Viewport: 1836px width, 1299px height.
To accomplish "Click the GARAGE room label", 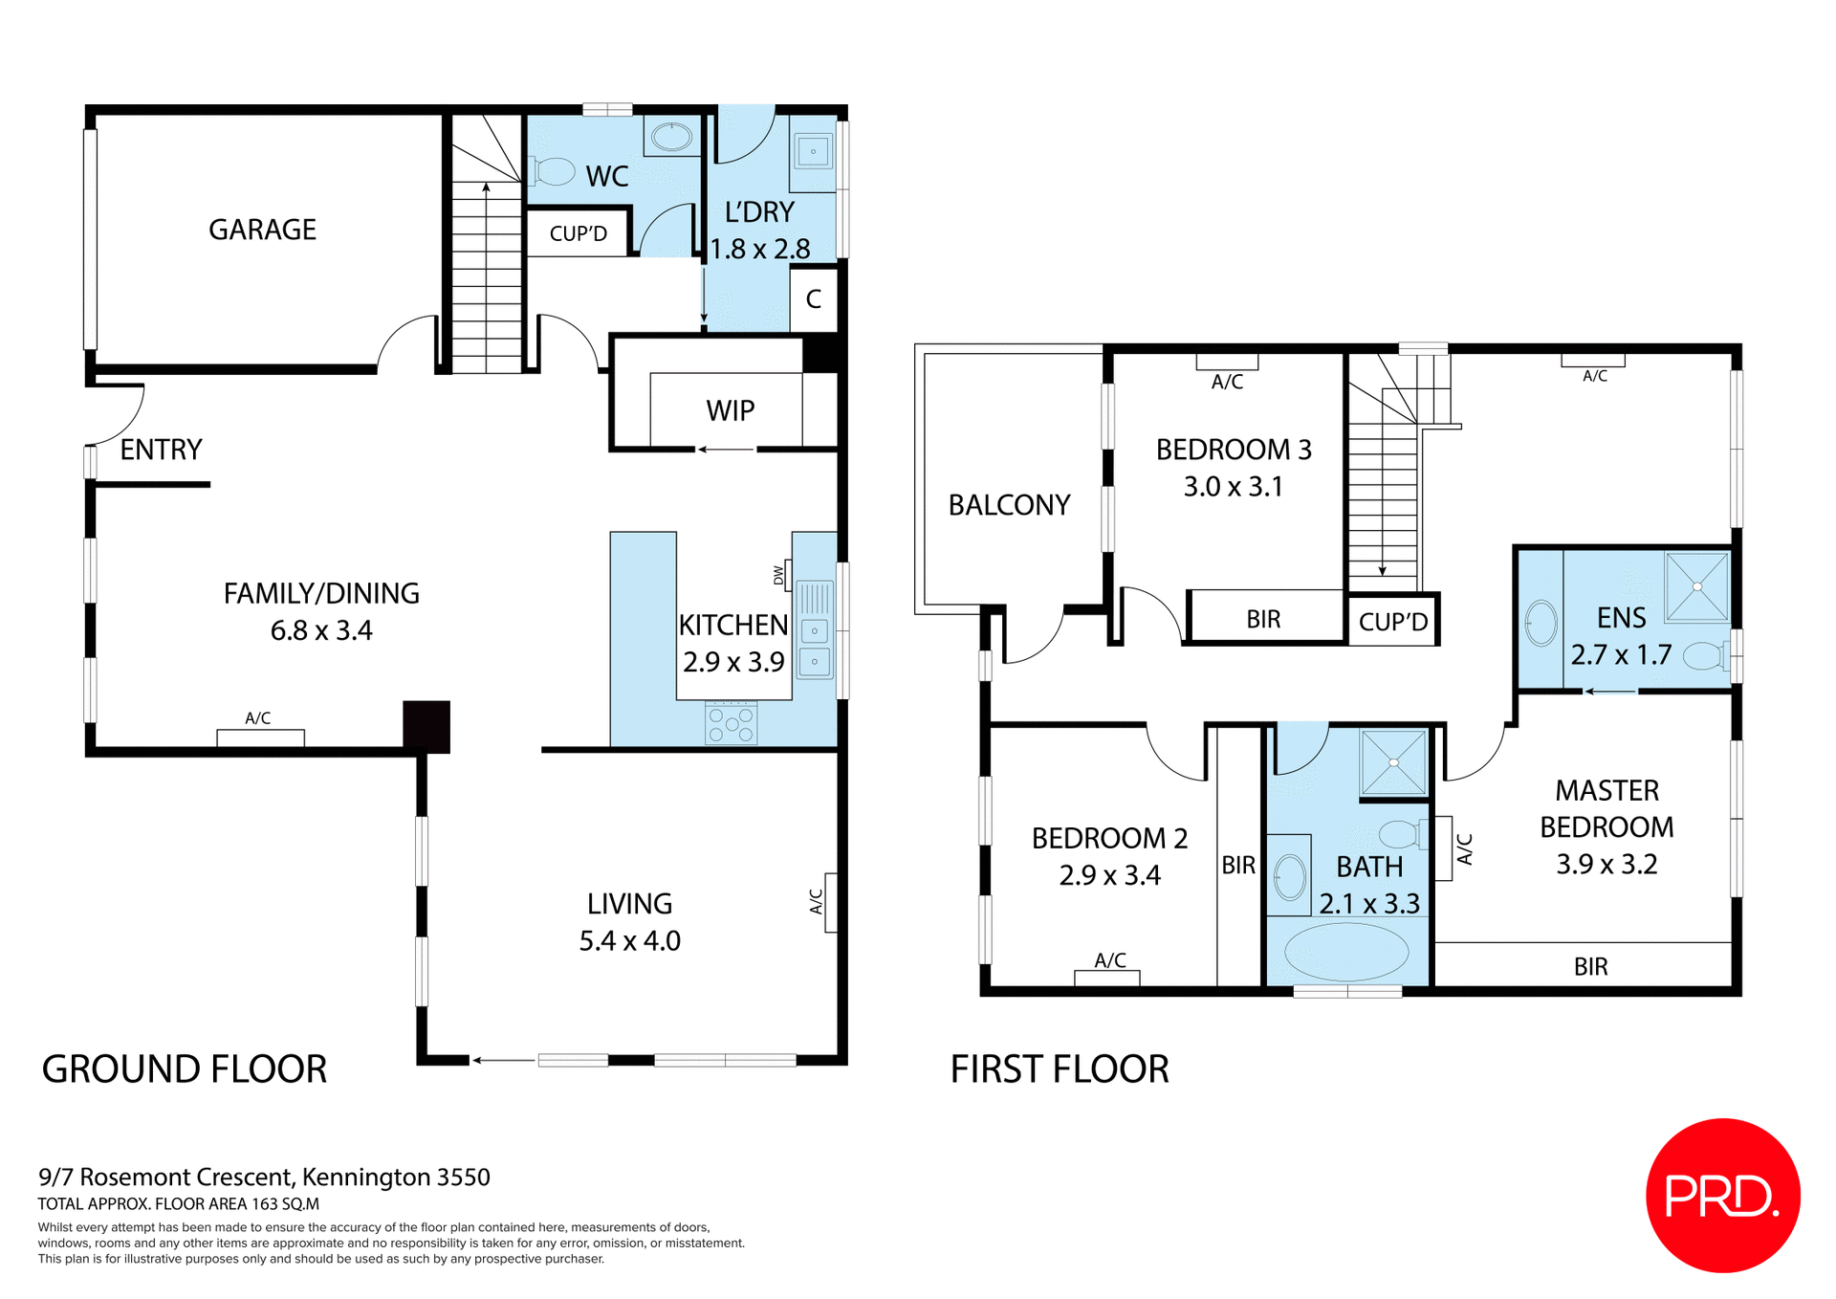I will tap(262, 230).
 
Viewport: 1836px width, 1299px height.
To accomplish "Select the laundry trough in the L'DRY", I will tap(813, 151).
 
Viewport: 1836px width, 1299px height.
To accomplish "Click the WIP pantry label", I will tap(731, 410).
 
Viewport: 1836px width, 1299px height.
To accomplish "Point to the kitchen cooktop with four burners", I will tap(731, 723).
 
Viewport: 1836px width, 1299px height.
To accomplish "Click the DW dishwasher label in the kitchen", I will tap(778, 576).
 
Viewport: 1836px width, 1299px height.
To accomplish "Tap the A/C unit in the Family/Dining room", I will tap(260, 738).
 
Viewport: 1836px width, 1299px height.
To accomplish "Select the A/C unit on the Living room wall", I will tap(831, 902).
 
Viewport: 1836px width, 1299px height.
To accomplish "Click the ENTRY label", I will tap(161, 450).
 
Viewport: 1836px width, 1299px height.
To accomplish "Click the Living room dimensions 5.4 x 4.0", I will tap(629, 941).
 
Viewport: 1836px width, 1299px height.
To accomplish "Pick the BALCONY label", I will tap(1009, 505).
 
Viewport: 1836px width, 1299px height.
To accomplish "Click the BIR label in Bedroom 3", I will tap(1263, 619).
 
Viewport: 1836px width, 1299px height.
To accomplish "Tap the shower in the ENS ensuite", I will tap(1697, 586).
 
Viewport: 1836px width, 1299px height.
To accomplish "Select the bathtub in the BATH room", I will tap(1346, 952).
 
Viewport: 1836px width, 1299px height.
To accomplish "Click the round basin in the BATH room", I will tap(1290, 877).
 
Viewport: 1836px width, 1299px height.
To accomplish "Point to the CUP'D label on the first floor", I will tap(1393, 622).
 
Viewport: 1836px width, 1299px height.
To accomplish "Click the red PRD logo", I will tap(1722, 1195).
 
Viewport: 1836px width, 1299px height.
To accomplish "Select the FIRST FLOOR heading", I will tap(1060, 1069).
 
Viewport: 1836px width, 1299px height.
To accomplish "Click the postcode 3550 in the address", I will tap(464, 1178).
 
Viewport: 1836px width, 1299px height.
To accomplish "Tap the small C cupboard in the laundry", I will tap(814, 299).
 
